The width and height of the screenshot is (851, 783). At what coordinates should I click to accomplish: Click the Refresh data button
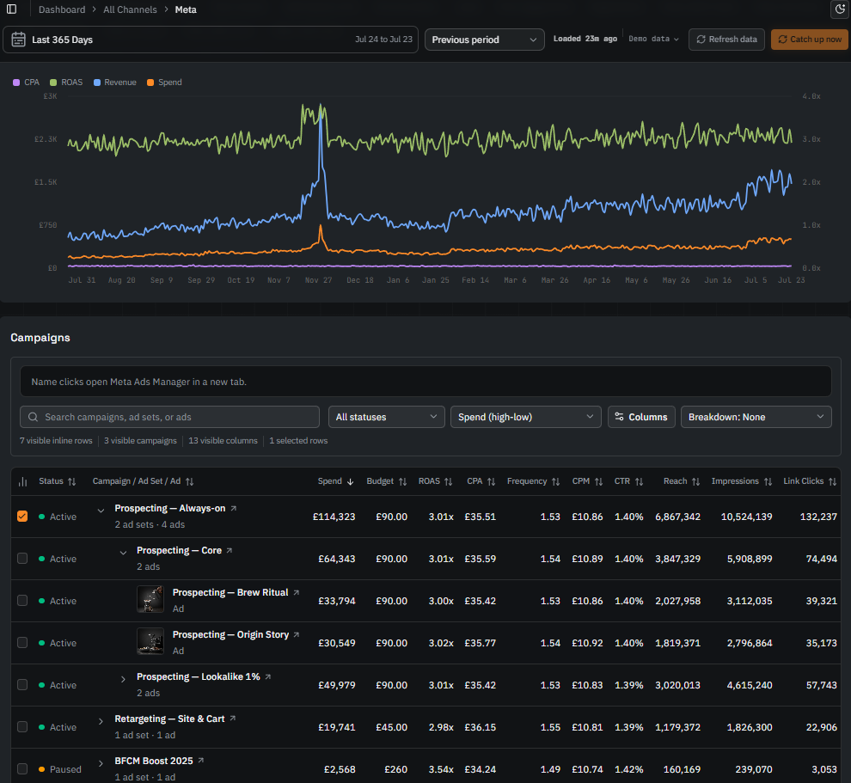726,40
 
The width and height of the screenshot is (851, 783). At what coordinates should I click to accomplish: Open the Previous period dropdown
484,40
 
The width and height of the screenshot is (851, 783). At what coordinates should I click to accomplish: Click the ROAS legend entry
66,83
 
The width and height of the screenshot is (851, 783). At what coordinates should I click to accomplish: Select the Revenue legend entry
115,83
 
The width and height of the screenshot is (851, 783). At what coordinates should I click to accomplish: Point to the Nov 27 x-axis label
319,280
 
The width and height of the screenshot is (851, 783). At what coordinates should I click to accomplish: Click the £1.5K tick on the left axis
46,182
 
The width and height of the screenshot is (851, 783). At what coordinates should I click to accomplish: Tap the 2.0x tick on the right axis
811,182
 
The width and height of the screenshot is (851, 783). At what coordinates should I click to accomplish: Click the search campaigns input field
169,417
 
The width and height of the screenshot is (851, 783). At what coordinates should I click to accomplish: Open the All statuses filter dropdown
387,417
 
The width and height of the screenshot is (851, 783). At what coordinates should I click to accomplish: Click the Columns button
641,417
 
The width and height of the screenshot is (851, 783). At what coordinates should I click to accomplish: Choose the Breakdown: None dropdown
756,417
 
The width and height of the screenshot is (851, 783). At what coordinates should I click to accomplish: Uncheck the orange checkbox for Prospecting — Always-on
22,516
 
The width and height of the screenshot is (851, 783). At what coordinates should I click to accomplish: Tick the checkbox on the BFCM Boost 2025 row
22,769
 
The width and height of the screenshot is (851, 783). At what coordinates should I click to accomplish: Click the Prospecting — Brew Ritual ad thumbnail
150,599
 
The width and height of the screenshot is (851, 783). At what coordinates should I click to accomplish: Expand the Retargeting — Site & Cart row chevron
101,721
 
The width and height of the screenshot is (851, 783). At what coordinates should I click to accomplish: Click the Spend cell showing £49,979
336,685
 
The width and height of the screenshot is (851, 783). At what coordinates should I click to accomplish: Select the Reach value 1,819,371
677,643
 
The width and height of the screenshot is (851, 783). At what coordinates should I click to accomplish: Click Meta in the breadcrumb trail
186,9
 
